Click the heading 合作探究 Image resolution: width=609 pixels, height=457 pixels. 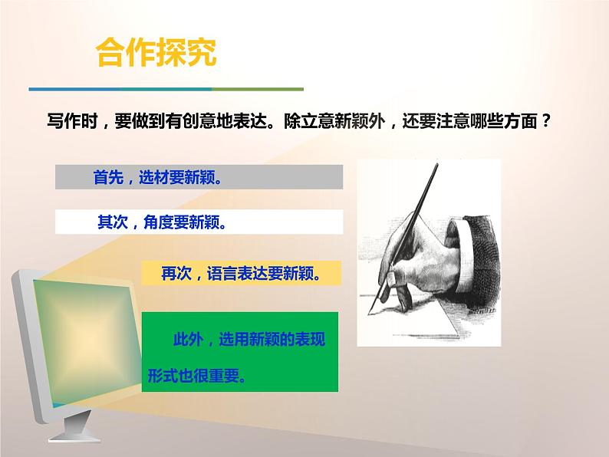tap(156, 54)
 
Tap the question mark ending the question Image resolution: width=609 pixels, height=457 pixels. tap(545, 122)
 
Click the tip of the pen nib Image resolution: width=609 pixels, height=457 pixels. tap(370, 311)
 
